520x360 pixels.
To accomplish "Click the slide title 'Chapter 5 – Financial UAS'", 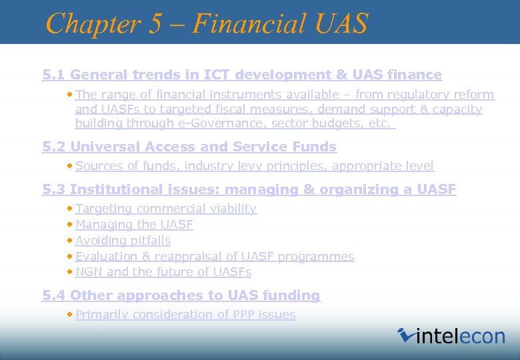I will coord(207,23).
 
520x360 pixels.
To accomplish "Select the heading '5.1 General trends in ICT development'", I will coord(242,75).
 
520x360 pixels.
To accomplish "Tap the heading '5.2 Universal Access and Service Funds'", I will coord(189,147).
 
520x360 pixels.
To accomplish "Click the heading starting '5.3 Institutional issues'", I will coord(249,189).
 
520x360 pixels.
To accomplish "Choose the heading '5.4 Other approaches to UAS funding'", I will coord(181,295).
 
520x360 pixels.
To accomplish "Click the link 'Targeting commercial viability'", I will coord(166,209).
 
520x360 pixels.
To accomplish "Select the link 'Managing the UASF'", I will coord(134,225).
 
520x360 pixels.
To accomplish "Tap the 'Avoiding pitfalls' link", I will coord(123,241).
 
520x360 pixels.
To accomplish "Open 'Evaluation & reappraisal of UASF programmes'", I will coord(215,257).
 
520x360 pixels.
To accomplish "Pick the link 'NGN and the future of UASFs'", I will coord(163,272).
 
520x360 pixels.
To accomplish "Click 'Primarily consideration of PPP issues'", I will coord(185,315).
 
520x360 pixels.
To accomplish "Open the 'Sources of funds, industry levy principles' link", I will coord(255,166).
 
